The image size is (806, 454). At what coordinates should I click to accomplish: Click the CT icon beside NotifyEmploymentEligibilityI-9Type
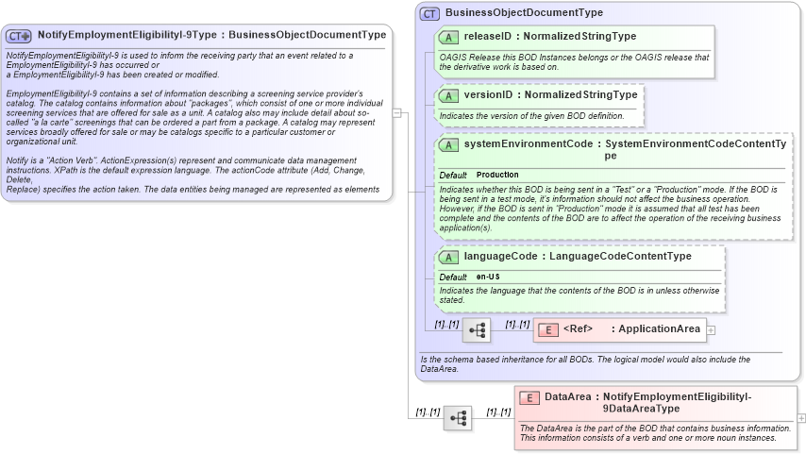point(20,36)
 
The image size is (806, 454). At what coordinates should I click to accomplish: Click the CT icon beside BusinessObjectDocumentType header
point(430,14)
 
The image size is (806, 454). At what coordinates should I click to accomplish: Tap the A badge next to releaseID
point(450,37)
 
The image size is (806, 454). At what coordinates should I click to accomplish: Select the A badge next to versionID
point(450,95)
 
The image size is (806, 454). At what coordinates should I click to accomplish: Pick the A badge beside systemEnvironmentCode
point(450,145)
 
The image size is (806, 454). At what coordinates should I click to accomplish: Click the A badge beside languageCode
point(450,257)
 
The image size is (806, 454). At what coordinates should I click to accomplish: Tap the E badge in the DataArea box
point(530,397)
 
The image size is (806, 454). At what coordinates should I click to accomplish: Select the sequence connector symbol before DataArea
point(458,418)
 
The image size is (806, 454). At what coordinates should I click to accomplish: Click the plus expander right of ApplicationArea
point(711,329)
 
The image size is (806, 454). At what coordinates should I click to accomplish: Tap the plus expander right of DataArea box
point(801,417)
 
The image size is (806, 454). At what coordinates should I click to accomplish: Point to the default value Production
point(497,176)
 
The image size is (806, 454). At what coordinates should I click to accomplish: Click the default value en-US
point(488,277)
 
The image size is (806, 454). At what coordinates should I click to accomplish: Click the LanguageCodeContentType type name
point(620,256)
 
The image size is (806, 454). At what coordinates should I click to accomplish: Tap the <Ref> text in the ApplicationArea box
point(578,328)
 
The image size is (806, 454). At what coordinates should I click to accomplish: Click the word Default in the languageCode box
point(453,277)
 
